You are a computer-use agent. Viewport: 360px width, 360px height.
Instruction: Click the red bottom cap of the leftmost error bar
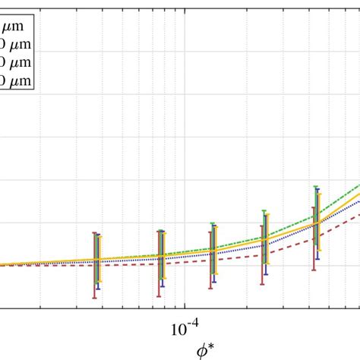tap(94, 298)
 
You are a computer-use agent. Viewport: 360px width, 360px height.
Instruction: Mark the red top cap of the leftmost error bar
tap(94, 232)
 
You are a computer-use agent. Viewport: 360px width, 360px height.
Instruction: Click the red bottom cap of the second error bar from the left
tap(159, 296)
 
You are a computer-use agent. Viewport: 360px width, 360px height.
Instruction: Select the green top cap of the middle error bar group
tap(212, 223)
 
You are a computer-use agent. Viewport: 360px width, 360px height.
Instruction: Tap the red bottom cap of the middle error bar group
tap(210, 288)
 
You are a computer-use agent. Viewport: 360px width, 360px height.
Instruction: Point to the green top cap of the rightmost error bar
tap(316, 186)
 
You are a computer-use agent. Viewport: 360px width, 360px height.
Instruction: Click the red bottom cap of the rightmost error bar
tap(314, 268)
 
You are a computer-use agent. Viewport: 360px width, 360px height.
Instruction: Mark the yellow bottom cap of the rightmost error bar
tap(321, 249)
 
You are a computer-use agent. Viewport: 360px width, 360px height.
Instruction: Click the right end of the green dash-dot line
tap(359, 184)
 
